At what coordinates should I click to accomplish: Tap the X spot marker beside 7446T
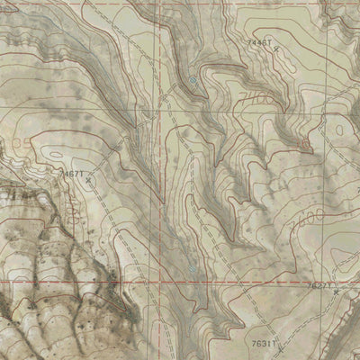pyautogui.click(x=275, y=48)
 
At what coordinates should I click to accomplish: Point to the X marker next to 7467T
pyautogui.click(x=87, y=179)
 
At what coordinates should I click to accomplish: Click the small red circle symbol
pyautogui.click(x=304, y=142)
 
